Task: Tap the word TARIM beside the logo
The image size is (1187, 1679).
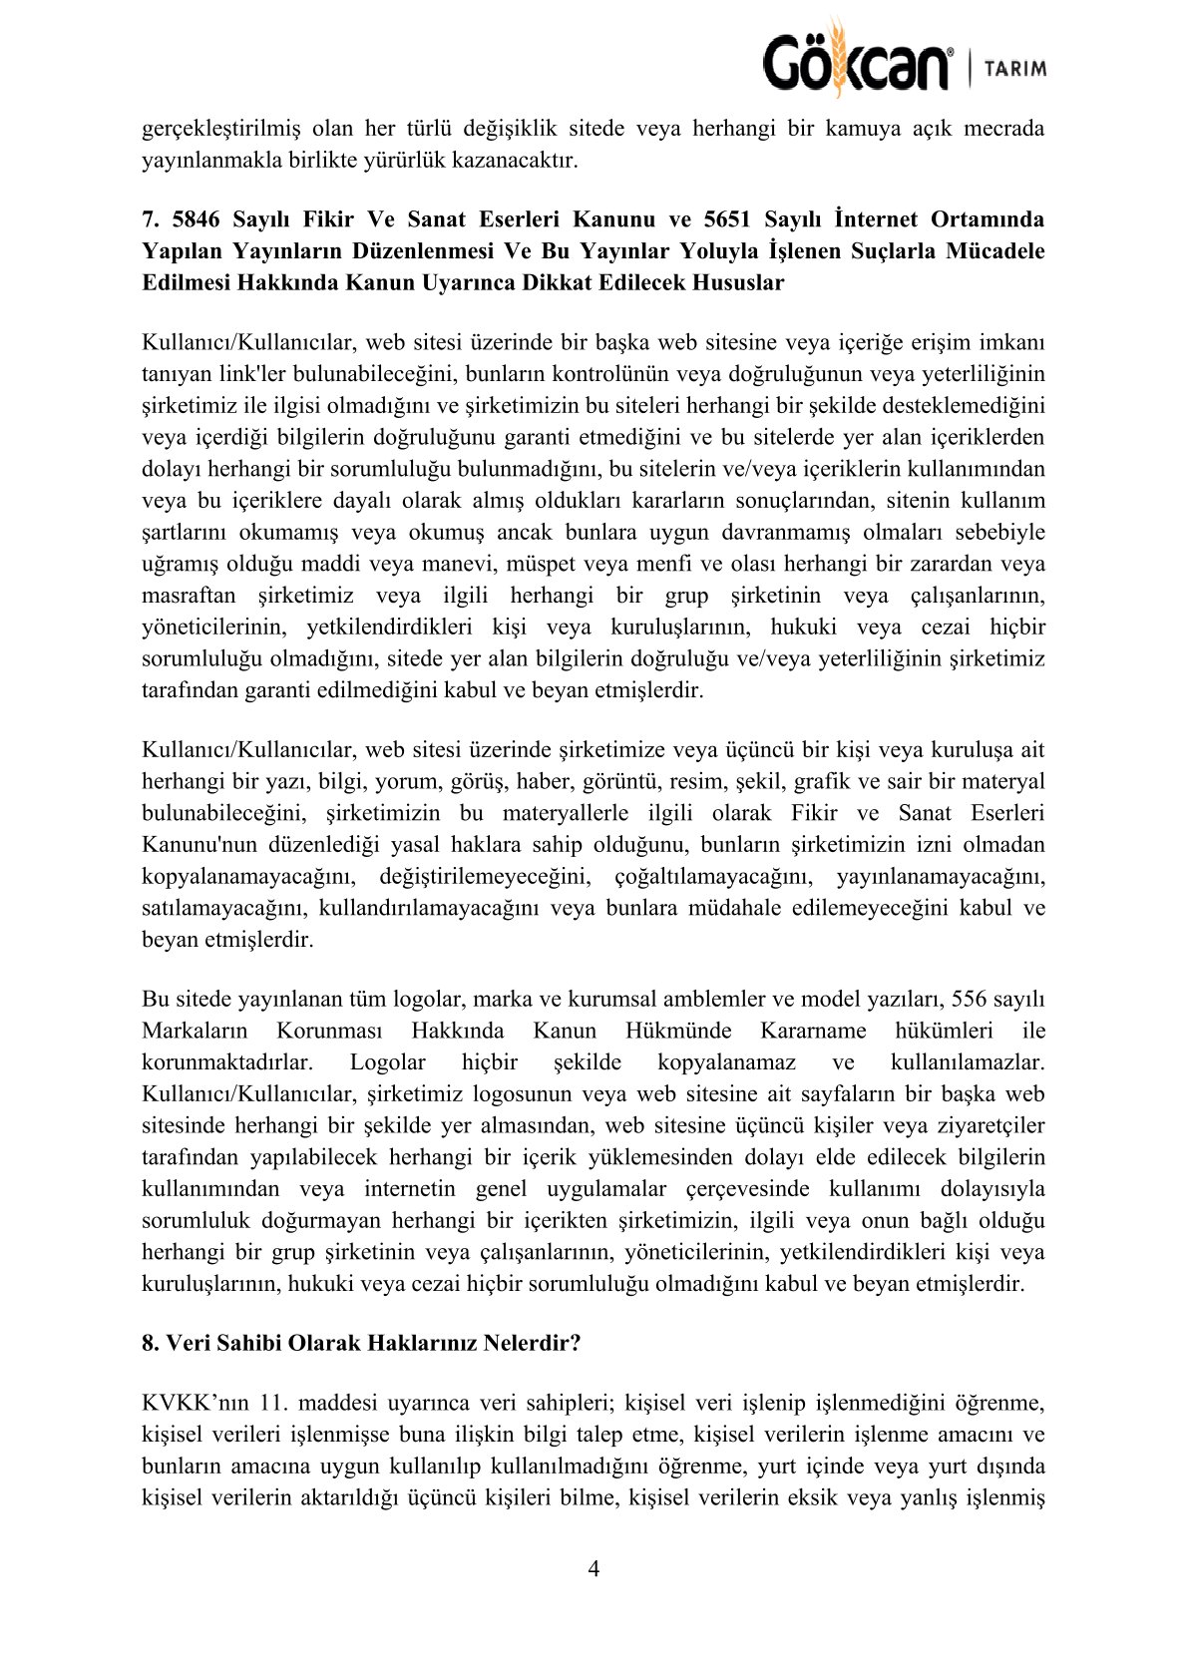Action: [1015, 69]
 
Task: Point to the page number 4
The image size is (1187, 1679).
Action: [593, 1569]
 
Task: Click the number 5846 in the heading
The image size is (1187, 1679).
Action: [196, 219]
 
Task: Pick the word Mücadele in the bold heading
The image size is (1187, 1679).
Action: [990, 250]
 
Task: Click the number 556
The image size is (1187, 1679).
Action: [971, 1000]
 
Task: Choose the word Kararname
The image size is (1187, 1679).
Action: [813, 1031]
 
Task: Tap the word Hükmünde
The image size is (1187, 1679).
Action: [678, 1031]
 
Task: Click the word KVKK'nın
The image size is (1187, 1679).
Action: [190, 1403]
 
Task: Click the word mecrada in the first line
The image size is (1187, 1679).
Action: [1003, 129]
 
